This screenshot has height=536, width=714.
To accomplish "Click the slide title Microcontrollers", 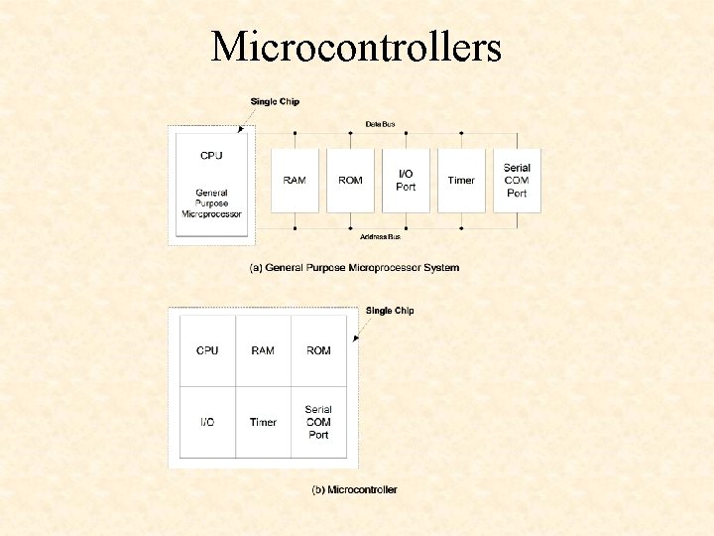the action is pyautogui.click(x=356, y=47).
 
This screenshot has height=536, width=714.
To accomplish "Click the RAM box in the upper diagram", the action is pyautogui.click(x=295, y=181).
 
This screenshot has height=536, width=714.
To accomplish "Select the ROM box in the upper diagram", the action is pyautogui.click(x=350, y=181).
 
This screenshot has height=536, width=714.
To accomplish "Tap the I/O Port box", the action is pyautogui.click(x=406, y=181).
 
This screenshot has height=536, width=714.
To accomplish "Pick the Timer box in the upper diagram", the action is pyautogui.click(x=461, y=181).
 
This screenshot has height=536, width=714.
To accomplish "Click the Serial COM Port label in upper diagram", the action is pyautogui.click(x=517, y=181).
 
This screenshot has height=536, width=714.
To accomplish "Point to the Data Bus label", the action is pyautogui.click(x=380, y=124).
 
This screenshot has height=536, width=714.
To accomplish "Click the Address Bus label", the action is pyautogui.click(x=380, y=236).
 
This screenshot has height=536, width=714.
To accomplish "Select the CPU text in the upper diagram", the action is pyautogui.click(x=211, y=155).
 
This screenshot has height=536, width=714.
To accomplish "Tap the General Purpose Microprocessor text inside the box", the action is pyautogui.click(x=211, y=203).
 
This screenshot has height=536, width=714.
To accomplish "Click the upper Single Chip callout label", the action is pyautogui.click(x=275, y=101).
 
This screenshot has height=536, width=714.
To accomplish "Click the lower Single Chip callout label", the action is pyautogui.click(x=390, y=311).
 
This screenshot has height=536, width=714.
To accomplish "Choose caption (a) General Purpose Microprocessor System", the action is pyautogui.click(x=354, y=268).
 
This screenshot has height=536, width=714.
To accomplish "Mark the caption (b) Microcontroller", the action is pyautogui.click(x=354, y=489).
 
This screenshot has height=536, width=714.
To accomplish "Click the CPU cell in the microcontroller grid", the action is pyautogui.click(x=207, y=350).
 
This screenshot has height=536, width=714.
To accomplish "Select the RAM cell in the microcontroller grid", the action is pyautogui.click(x=263, y=350).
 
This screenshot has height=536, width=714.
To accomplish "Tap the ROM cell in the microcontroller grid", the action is pyautogui.click(x=318, y=350).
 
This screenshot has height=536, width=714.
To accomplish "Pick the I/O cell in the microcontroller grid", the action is pyautogui.click(x=207, y=422).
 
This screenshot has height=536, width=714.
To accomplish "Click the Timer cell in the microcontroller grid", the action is pyautogui.click(x=263, y=422).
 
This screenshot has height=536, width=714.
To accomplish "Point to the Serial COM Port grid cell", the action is pyautogui.click(x=318, y=422).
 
